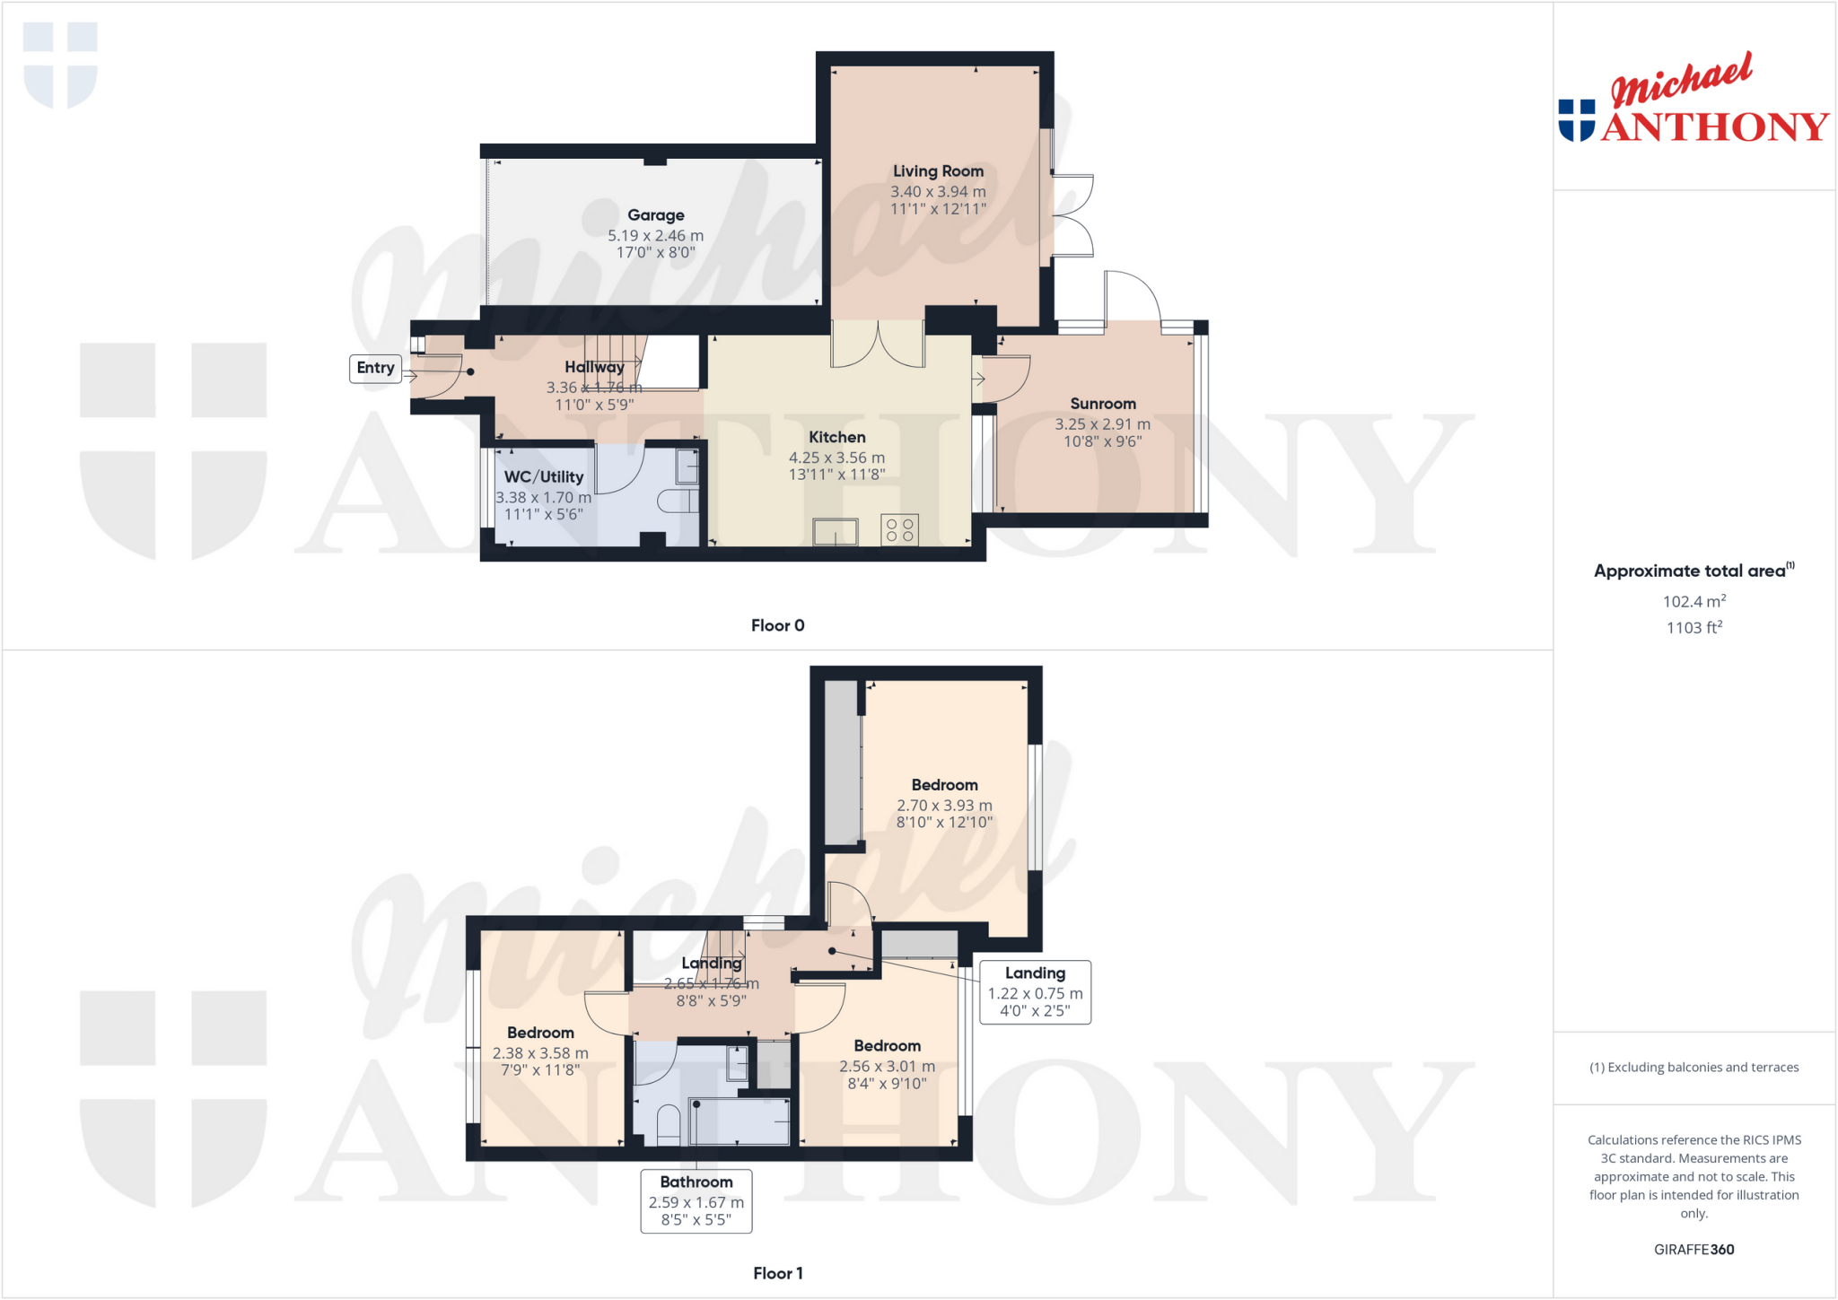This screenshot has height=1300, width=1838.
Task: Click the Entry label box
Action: [x=375, y=368]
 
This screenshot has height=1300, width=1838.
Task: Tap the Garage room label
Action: [x=655, y=215]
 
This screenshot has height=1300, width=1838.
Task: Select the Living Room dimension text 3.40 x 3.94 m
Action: [x=938, y=192]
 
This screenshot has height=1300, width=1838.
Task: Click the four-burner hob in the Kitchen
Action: [x=899, y=529]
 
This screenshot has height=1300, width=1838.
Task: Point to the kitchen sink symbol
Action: [x=835, y=532]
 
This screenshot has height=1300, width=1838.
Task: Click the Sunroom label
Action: [x=1103, y=404]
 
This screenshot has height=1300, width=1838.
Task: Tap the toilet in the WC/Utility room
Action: [x=678, y=501]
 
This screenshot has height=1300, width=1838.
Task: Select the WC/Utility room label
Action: [x=544, y=477]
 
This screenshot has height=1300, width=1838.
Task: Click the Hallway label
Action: [x=594, y=367]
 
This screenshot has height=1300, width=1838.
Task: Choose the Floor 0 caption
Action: [x=777, y=625]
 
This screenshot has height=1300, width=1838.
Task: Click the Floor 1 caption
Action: [x=777, y=1273]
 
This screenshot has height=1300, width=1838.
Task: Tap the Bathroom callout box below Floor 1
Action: [x=696, y=1200]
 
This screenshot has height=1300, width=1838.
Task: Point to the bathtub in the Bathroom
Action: [x=740, y=1121]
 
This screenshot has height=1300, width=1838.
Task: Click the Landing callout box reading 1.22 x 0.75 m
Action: [x=1035, y=991]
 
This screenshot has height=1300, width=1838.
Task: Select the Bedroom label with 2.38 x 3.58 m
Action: [x=540, y=1033]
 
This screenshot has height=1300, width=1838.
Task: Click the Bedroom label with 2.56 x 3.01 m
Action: [x=887, y=1046]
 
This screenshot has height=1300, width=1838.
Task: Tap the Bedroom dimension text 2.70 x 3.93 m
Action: [x=944, y=806]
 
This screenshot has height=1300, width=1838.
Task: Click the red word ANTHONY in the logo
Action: [x=1714, y=127]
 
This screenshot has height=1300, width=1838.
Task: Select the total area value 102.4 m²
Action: [x=1694, y=602]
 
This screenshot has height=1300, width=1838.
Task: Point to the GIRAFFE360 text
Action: [x=1694, y=1249]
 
